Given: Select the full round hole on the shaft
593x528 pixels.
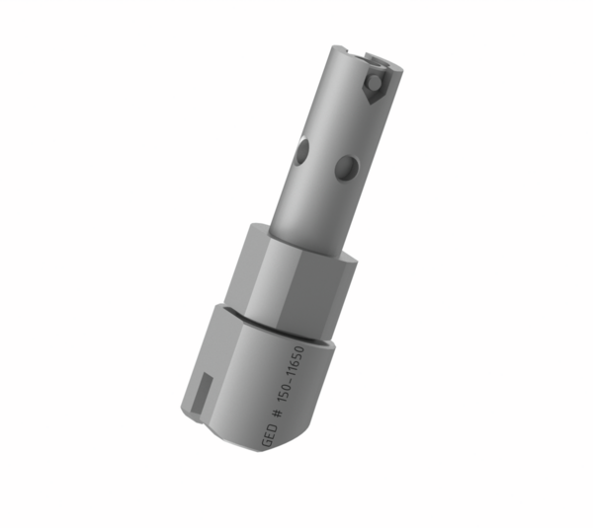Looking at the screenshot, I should pos(345,167).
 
